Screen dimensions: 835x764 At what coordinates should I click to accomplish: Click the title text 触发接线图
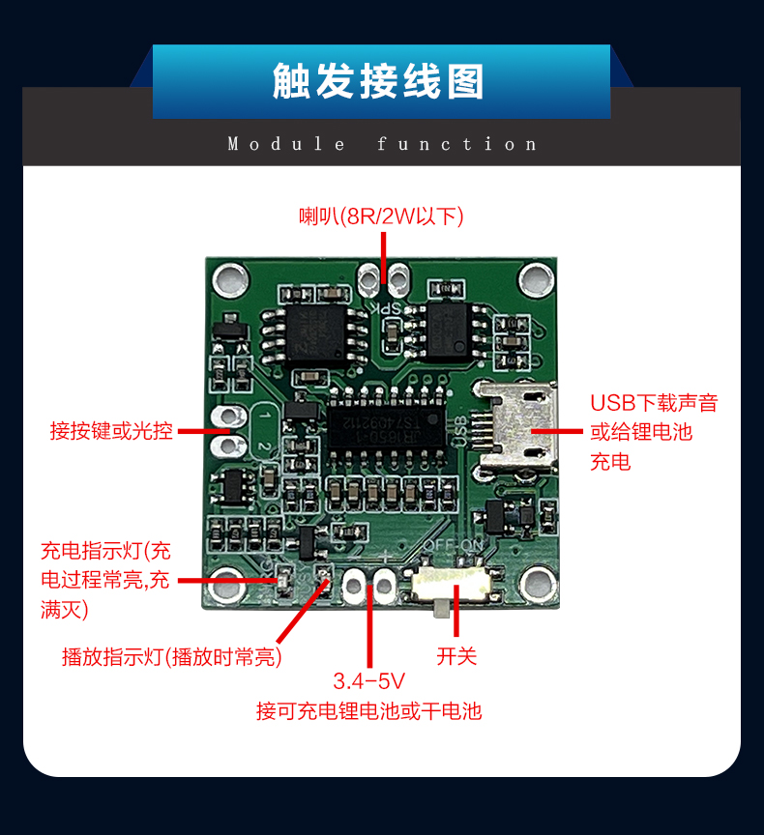point(380,82)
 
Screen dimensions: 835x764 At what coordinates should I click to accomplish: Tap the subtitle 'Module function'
point(382,144)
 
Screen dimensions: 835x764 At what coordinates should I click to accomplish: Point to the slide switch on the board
point(452,586)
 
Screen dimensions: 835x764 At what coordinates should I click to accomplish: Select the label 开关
point(456,657)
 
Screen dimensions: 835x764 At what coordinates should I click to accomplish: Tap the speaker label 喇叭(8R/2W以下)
point(381,216)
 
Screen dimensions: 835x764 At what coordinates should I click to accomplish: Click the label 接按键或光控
point(111,431)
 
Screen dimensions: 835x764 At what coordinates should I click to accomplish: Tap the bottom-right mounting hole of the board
point(534,585)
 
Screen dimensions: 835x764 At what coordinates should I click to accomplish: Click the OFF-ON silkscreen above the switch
point(452,545)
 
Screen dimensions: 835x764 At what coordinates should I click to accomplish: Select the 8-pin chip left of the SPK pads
point(313,333)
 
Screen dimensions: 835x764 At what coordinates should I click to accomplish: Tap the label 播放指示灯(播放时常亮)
point(171,658)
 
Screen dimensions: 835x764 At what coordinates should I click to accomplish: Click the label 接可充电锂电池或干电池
point(368,712)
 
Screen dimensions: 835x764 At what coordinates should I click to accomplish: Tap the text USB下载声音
point(654,403)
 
